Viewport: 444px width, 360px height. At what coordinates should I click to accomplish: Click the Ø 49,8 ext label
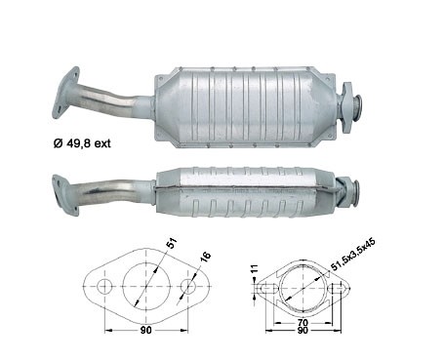coord(82,142)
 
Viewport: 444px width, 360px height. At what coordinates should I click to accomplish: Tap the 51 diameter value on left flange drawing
coord(172,243)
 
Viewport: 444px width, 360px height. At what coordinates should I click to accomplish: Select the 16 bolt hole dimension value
coord(206,257)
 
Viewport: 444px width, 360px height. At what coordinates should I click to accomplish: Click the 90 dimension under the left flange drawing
coord(146,330)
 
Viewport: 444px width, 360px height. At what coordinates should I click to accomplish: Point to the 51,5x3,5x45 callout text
coord(353,255)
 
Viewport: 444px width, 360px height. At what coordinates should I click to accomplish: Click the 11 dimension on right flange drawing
coord(255,268)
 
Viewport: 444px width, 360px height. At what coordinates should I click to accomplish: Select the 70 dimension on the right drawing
coord(303,323)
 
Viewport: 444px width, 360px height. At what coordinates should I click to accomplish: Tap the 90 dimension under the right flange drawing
coord(303,331)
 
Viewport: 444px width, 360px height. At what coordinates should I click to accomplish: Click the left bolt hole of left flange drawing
coord(104,286)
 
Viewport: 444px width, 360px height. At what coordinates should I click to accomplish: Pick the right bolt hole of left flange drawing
coord(188,286)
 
